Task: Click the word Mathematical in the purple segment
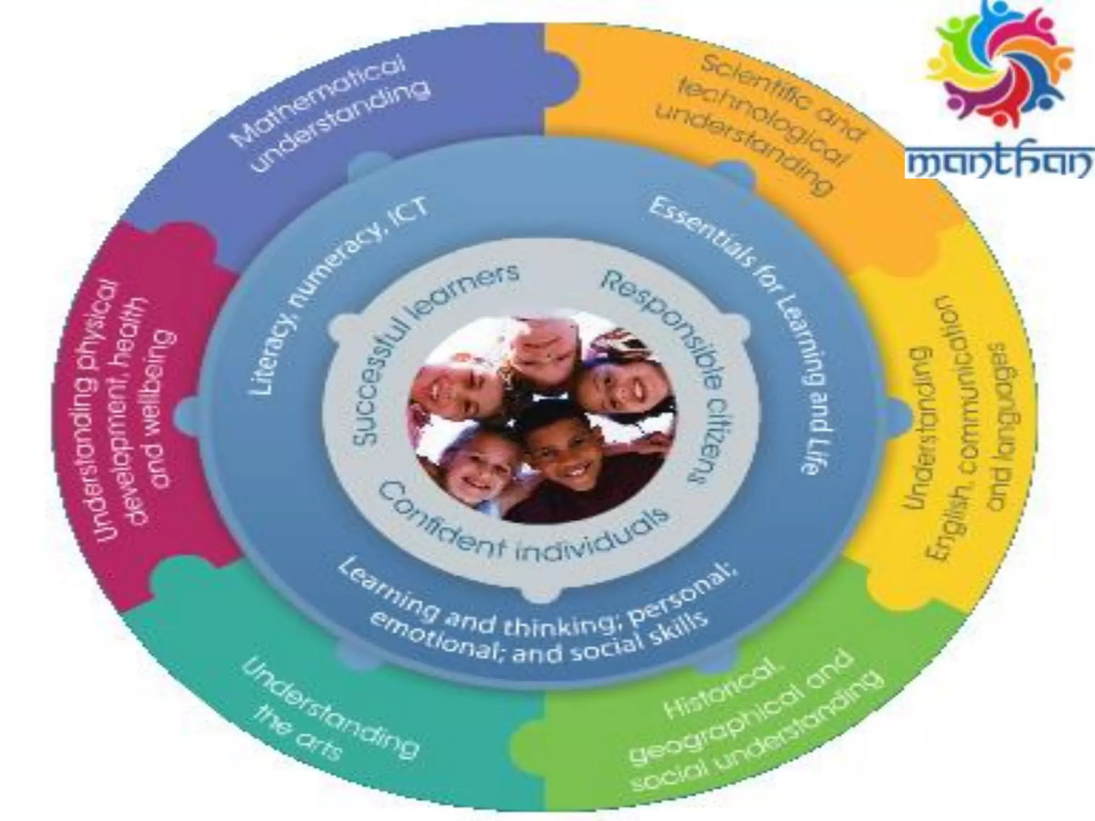(x=316, y=102)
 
